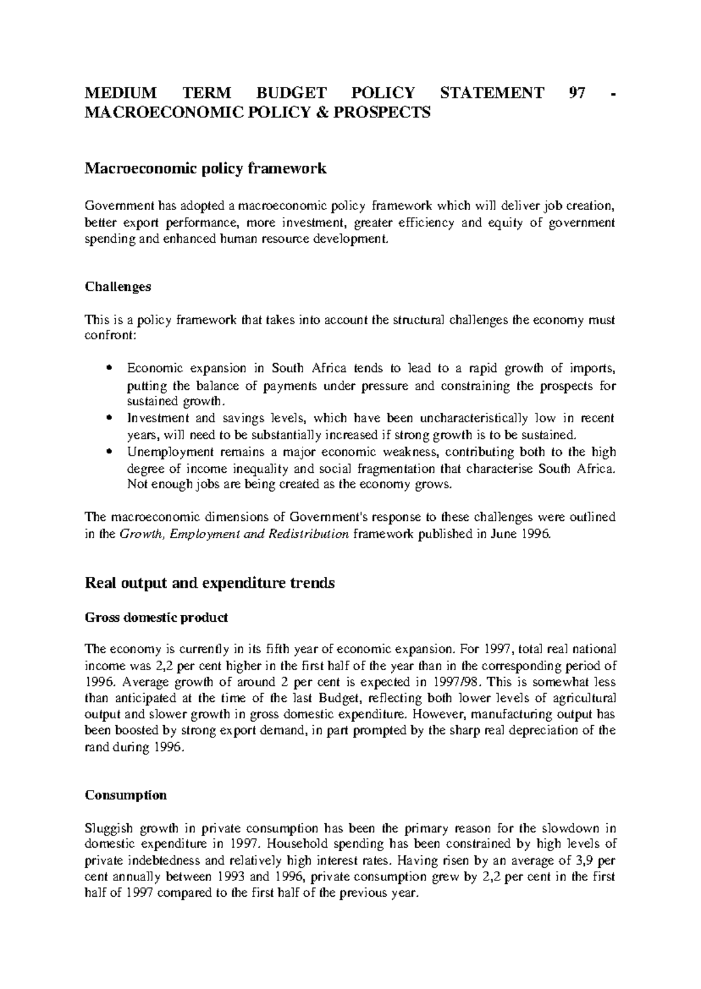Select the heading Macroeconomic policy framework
(206, 169)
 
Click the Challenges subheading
(118, 287)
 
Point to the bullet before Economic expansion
(110, 369)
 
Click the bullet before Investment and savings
(110, 419)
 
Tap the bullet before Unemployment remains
(110, 452)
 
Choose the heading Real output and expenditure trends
(210, 583)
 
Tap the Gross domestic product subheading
(157, 618)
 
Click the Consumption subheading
(126, 795)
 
